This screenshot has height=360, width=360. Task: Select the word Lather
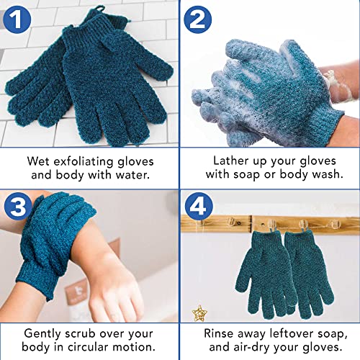231,160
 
